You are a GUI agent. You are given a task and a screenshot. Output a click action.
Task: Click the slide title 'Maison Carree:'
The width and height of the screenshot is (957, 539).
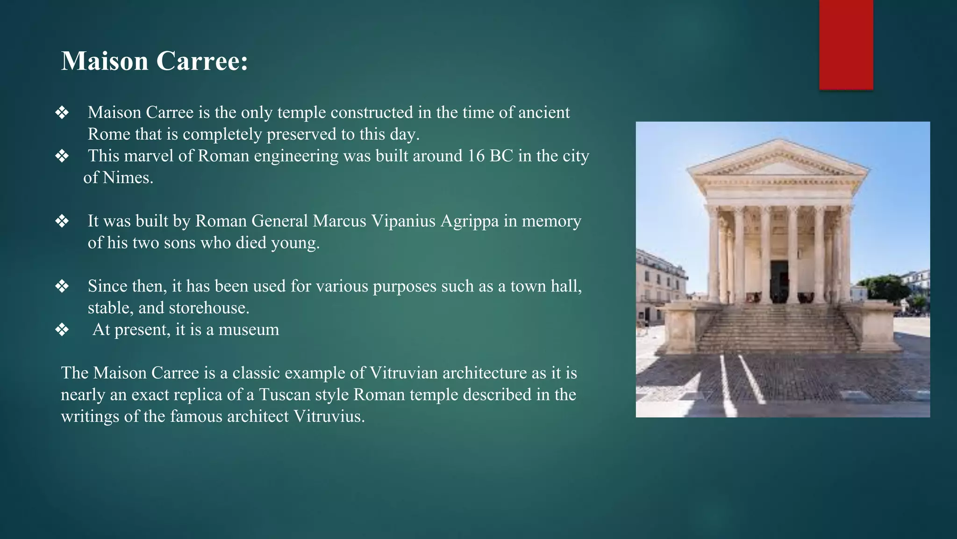(x=154, y=61)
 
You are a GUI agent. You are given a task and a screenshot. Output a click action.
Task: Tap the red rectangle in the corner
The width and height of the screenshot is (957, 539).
(x=846, y=44)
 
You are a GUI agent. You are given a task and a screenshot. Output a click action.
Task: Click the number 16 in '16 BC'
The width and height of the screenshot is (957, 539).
(x=476, y=156)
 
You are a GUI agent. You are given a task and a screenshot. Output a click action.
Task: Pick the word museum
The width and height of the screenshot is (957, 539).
(x=249, y=330)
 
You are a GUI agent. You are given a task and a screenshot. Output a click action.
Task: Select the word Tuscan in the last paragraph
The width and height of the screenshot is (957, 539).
(x=285, y=395)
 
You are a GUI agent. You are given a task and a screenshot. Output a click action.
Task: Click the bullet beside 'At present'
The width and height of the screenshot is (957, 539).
(x=62, y=330)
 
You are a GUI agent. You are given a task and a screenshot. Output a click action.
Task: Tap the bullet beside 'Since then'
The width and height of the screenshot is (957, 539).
(x=62, y=286)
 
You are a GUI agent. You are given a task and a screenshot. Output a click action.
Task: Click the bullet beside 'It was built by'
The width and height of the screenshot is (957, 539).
(x=62, y=221)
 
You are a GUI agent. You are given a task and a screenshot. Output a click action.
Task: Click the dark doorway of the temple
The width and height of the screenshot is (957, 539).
(x=779, y=281)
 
